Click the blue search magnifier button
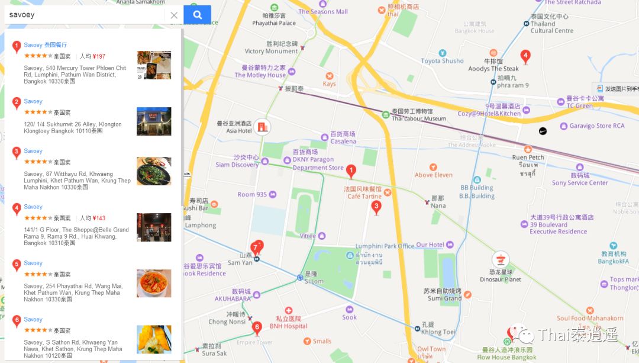pos(197,15)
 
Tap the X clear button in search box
pos(174,15)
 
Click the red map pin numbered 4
pos(525,57)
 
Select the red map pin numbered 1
pos(351,172)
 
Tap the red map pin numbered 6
pos(257,327)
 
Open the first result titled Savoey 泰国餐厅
pos(46,45)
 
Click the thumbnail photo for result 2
pos(154,121)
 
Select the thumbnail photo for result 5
pos(154,283)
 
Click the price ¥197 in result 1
pos(99,56)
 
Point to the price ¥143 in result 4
pos(99,218)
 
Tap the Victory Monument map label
pos(271,52)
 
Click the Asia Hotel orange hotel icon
pos(262,126)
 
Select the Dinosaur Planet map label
pos(501,280)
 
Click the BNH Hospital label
pos(289,326)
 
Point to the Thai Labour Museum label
pos(419,118)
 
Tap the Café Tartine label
pos(364,196)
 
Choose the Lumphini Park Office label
pos(385,246)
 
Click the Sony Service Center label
pos(580,183)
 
